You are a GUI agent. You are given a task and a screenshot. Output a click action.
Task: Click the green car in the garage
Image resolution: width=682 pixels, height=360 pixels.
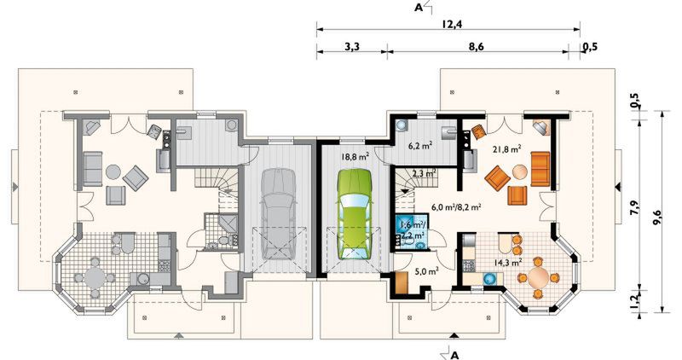pyautogui.click(x=355, y=214)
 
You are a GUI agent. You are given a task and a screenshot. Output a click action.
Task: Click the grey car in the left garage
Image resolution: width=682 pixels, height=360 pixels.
pyautogui.click(x=279, y=214)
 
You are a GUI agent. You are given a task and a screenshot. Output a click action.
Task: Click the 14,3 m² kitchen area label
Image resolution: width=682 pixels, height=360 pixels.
pyautogui.click(x=508, y=263)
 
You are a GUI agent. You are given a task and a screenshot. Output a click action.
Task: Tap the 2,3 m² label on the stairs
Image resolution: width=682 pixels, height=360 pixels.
pyautogui.click(x=425, y=173)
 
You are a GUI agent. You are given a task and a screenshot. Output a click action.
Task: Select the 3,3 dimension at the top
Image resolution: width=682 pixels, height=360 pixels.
pyautogui.click(x=352, y=46)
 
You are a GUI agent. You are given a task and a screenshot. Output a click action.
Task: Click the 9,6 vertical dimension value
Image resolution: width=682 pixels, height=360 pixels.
pyautogui.click(x=656, y=217)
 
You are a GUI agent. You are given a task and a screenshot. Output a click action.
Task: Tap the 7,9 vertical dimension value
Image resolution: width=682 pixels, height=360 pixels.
pyautogui.click(x=634, y=207)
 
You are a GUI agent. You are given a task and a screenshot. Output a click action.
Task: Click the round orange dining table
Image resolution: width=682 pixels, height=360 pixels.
pyautogui.click(x=540, y=277)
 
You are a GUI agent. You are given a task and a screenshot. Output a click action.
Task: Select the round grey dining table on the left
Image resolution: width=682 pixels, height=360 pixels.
pyautogui.click(x=95, y=277)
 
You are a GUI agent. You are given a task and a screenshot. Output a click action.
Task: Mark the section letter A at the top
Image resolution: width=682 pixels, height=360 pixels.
pyautogui.click(x=419, y=8)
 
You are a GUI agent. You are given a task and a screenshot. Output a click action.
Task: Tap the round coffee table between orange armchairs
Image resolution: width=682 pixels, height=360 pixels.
pyautogui.click(x=519, y=172)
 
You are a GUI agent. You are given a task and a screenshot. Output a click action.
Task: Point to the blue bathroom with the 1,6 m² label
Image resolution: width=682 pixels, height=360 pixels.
pyautogui.click(x=412, y=231)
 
